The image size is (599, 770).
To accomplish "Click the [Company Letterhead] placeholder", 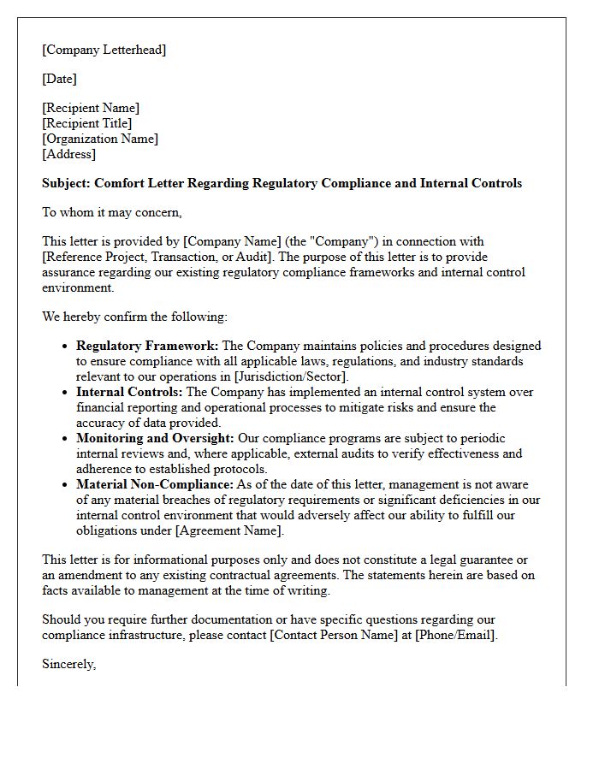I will coord(104,50).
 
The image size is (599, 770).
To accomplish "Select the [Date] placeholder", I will coord(60,79).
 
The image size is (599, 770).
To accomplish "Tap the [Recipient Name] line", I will coord(91,108).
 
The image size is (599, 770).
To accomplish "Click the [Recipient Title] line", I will coord(87,123).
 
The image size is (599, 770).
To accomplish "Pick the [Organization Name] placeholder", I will coord(100,139).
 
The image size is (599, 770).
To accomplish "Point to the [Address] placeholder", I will coord(69,154).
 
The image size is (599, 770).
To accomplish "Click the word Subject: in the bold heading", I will coord(66,183).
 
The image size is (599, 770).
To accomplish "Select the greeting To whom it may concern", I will coord(112,212).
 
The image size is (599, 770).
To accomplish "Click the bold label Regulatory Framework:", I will coord(147,346).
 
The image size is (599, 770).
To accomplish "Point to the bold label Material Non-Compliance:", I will coord(155,484).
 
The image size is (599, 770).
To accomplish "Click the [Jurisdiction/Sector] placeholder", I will coord(283,376).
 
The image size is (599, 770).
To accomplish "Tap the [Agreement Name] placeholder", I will coord(228,530).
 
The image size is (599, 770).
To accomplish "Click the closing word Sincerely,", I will coord(69,664).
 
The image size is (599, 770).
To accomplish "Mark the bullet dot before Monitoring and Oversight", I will coord(66,439).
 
